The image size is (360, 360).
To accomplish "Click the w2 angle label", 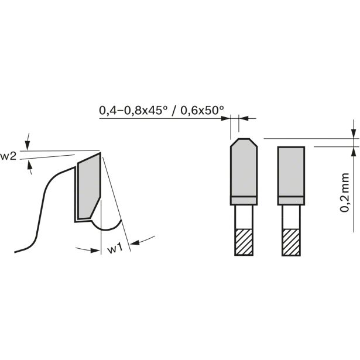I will [x=8, y=156].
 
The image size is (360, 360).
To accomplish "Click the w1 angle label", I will [x=115, y=249].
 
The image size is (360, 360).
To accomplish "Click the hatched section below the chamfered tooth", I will [x=242, y=241].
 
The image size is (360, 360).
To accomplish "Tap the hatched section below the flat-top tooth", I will [x=291, y=241].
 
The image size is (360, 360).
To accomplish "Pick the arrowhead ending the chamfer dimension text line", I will [x=226, y=119].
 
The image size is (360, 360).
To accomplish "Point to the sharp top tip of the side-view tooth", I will [x=101, y=154].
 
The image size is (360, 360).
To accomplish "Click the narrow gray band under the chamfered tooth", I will [x=242, y=201].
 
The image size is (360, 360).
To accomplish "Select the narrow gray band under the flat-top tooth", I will [x=291, y=201].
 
